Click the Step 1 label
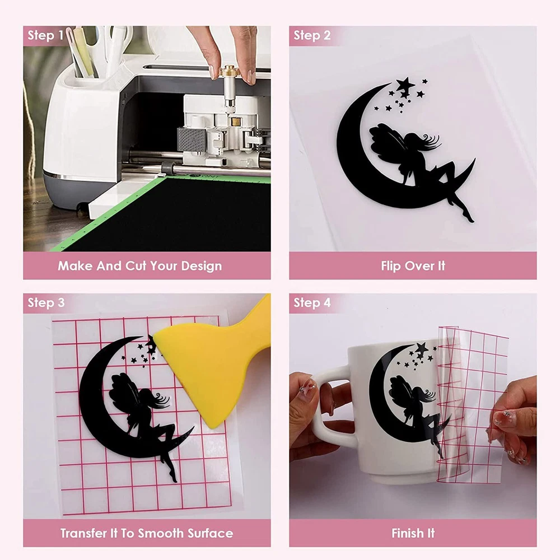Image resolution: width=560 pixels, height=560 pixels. click(45, 35)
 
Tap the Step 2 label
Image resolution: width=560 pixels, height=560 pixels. click(312, 35)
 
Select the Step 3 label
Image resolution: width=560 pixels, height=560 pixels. click(46, 302)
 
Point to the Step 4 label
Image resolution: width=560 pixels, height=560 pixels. click(312, 302)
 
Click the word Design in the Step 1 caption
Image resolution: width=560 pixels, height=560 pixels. click(202, 266)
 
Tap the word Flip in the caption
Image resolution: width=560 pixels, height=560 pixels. click(389, 265)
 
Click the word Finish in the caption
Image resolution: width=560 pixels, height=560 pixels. click(405, 533)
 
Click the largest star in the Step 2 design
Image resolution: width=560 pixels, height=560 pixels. click(405, 86)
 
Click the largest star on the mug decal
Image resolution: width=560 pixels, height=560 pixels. click(422, 348)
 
